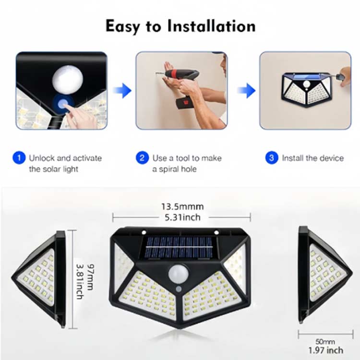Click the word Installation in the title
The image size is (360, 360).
pos(212,26)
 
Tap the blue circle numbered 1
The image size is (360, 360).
pos(19,158)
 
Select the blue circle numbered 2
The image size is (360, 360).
pos(142,158)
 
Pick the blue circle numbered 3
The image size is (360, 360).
pos(272,158)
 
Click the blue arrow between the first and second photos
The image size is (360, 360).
pos(122,90)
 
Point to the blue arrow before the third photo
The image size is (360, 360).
pos(247,90)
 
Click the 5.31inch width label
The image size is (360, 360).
pos(182,217)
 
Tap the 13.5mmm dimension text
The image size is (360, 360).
pos(182,206)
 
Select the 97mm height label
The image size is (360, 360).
pos(91,277)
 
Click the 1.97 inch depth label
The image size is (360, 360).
pos(326,350)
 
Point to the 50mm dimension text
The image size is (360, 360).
pos(325,342)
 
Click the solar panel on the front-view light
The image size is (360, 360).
pos(180,248)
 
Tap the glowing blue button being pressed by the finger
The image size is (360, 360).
pos(62,104)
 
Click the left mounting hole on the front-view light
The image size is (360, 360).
pos(144,232)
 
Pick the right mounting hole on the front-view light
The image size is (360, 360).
pos(216,232)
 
